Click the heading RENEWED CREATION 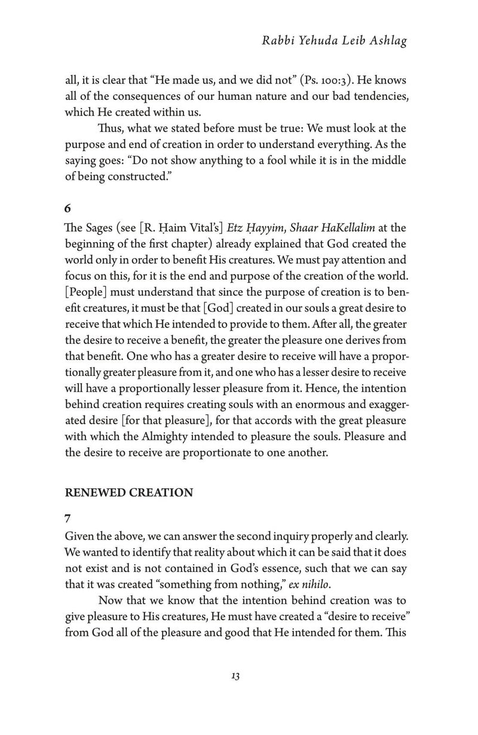point(128,492)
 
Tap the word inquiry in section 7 point(289,533)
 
